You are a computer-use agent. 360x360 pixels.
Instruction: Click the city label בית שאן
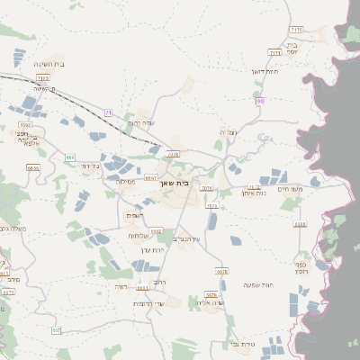point(179,184)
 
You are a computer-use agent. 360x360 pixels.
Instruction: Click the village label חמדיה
point(228,132)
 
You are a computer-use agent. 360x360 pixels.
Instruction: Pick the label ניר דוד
point(87,166)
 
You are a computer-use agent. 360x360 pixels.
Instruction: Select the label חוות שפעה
point(257,285)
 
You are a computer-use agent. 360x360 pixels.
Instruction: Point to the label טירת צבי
point(243,344)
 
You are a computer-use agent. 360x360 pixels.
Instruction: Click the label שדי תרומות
point(149,303)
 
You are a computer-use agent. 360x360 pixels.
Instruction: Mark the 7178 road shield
point(297,30)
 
